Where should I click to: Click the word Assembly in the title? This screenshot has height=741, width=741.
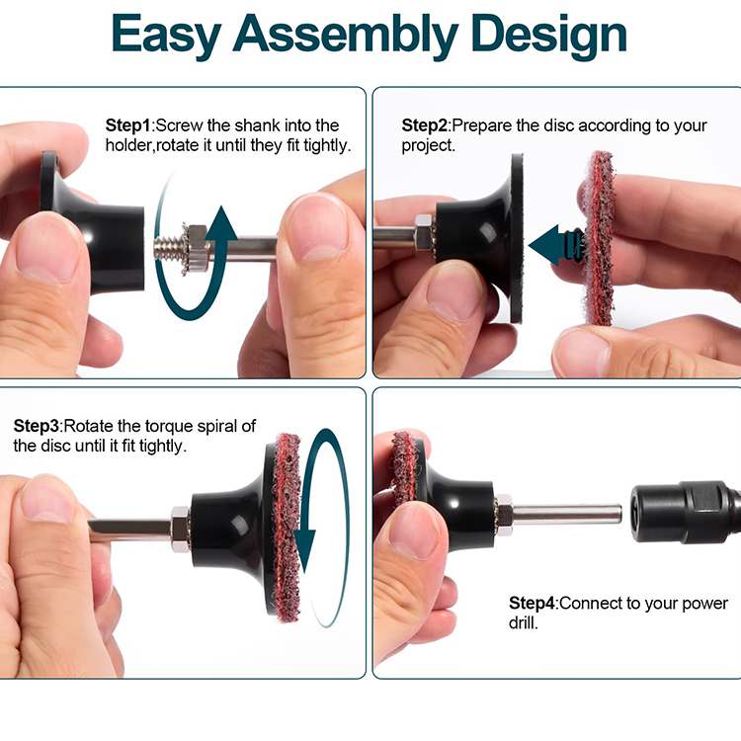point(345,35)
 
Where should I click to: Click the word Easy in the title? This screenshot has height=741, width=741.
point(166,35)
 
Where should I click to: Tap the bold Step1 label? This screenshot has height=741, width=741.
point(127,125)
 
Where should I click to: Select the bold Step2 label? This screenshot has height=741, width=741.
point(424,125)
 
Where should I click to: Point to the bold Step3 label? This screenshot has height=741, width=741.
point(36,426)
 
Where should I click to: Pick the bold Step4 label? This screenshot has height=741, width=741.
point(532,603)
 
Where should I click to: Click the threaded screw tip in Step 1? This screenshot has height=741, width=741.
point(169,246)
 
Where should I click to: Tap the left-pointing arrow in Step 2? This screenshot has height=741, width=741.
point(556,245)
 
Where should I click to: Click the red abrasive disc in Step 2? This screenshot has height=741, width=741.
point(599,238)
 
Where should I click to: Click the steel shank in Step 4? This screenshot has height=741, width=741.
point(567,514)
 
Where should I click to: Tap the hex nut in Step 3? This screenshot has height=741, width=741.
point(180,530)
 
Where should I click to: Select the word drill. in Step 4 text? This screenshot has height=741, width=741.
point(523,622)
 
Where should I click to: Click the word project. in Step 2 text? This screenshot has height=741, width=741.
point(428,146)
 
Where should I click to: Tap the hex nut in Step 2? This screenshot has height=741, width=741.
point(424,233)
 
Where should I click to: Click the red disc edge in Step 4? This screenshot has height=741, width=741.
point(403,468)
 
